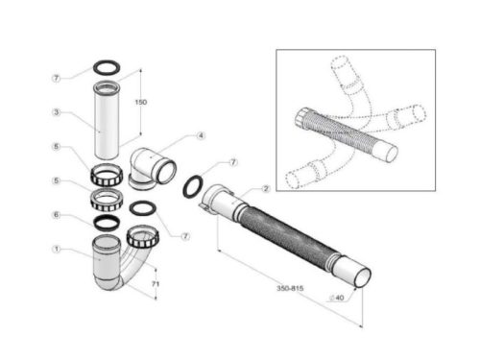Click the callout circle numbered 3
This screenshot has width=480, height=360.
coord(57,112)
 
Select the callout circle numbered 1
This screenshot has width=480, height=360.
coord(57,252)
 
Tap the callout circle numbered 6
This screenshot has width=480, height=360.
coord(57,215)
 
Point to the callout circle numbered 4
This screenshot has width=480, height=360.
coord(201,135)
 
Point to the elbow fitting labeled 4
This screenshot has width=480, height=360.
coord(154,168)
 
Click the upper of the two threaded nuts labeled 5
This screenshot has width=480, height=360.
coord(107,177)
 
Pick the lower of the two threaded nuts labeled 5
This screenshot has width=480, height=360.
coord(108,201)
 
